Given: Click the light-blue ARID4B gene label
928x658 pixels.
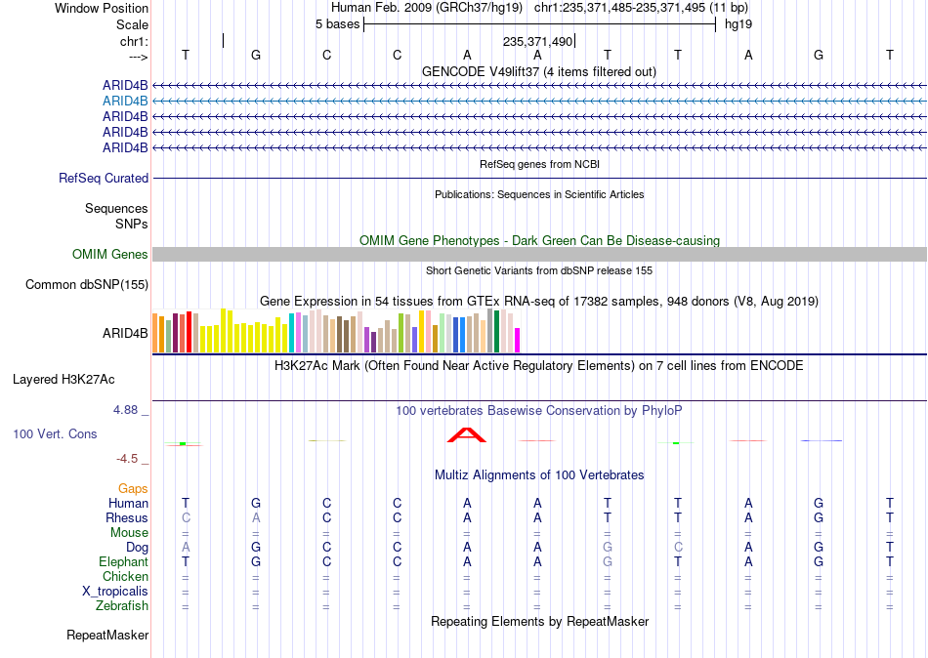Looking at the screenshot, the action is pos(125,102).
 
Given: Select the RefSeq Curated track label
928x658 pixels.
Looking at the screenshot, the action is pos(104,178).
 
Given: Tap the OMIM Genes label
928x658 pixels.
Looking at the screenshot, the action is pos(110,255).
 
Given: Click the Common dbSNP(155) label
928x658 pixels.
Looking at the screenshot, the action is pos(87,285).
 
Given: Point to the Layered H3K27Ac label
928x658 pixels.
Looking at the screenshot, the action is pos(63,380).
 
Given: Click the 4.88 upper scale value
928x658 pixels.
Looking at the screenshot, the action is pos(126,410).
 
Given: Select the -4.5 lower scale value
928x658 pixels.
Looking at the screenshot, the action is pos(127,459).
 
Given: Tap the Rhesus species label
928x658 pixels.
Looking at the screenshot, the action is pos(127,517).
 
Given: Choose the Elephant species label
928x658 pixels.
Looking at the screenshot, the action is pos(124,561).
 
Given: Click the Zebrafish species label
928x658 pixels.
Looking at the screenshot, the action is pos(122,606).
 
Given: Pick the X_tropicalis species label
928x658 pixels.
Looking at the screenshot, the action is pos(115,592).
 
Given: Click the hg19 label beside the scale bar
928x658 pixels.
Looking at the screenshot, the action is pos(738,24).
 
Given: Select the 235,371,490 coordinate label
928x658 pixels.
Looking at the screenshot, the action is pos(537,41).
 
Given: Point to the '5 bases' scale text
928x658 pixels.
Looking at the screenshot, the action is pos(337,24).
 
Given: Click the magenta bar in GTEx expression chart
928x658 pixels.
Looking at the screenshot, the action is pos(518,341).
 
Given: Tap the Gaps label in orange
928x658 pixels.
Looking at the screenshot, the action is pos(133,489).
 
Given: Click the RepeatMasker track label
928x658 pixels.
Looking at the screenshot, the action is pos(107,635).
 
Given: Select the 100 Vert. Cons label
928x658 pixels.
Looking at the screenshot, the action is pos(55,434).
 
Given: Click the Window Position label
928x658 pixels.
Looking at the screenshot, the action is pos(102,8).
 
